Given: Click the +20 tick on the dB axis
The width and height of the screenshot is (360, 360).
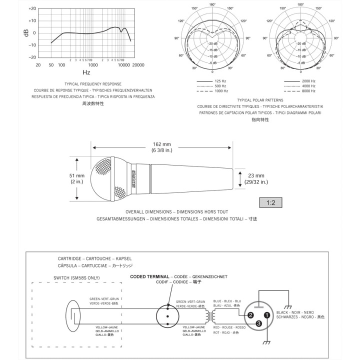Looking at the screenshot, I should click(31, 9).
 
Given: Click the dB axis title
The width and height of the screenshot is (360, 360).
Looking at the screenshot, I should click(26, 33).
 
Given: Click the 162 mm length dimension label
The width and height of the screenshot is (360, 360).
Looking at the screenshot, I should click(161, 147).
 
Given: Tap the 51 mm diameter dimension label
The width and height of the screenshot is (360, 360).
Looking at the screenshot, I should click(76, 178).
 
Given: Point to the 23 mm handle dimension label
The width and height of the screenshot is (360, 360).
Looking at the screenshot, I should click(255, 178).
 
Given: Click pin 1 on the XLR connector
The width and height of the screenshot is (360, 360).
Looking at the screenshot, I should click(267, 315).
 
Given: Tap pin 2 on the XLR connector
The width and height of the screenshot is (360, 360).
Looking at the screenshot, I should click(251, 315).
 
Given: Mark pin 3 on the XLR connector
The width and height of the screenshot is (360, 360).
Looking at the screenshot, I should click(259, 324).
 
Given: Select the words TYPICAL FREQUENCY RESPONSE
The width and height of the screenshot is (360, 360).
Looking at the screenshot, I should click(93, 84).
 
